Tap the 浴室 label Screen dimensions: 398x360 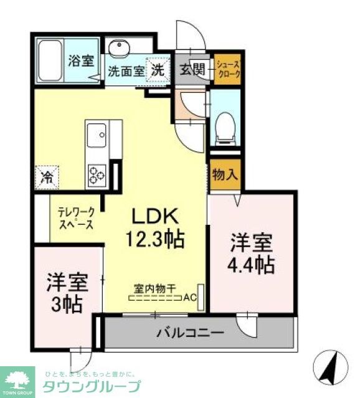[80, 61]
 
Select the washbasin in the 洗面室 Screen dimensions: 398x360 [119, 49]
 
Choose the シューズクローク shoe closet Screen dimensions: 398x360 [227, 69]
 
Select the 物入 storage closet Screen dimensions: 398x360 [225, 174]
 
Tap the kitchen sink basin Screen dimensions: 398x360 [97, 133]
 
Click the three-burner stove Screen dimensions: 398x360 [98, 173]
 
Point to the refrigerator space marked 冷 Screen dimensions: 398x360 [47, 176]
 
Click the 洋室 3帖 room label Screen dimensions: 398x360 [66, 293]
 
